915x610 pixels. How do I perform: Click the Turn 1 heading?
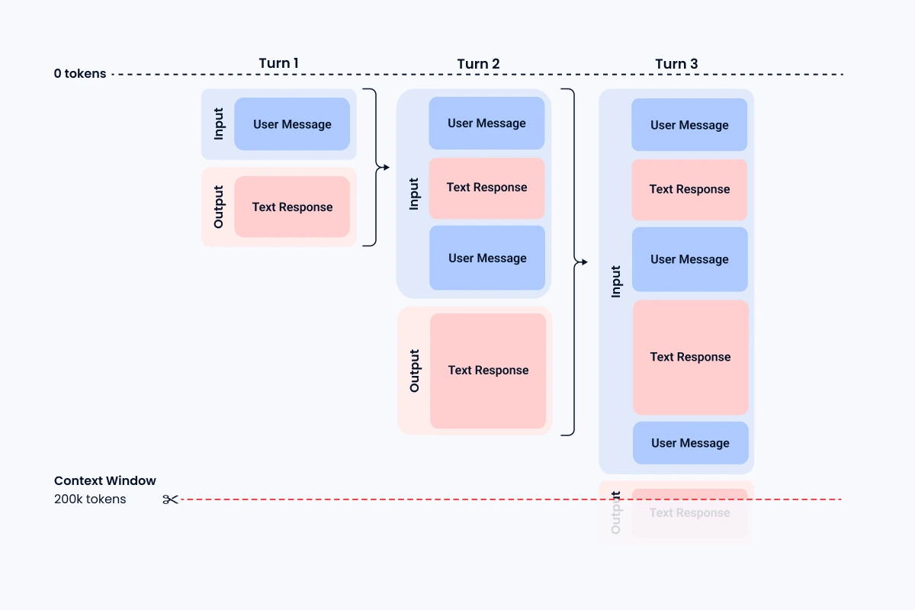(x=278, y=63)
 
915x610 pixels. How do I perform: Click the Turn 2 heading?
(x=478, y=63)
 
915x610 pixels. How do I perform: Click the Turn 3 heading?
(x=676, y=63)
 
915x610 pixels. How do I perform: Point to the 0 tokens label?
(x=80, y=74)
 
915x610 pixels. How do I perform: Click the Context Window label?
(x=105, y=481)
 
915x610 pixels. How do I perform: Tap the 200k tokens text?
(x=90, y=499)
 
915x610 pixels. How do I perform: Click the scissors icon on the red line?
(x=170, y=499)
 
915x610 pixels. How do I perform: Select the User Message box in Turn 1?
(x=292, y=124)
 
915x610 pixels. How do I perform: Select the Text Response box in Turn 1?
(x=292, y=207)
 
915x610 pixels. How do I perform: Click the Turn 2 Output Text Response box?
(x=488, y=371)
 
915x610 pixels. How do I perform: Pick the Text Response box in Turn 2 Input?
(x=486, y=188)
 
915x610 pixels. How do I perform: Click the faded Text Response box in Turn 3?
(x=689, y=513)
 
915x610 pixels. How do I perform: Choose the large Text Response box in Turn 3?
(x=690, y=357)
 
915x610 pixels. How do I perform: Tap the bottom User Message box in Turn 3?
(x=690, y=443)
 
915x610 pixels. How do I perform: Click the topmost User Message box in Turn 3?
(x=689, y=125)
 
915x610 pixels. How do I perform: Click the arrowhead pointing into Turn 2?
(x=386, y=167)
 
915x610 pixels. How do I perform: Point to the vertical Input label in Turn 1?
(x=219, y=124)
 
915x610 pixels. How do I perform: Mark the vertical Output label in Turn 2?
(x=414, y=371)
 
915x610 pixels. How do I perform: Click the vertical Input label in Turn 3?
(x=616, y=281)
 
